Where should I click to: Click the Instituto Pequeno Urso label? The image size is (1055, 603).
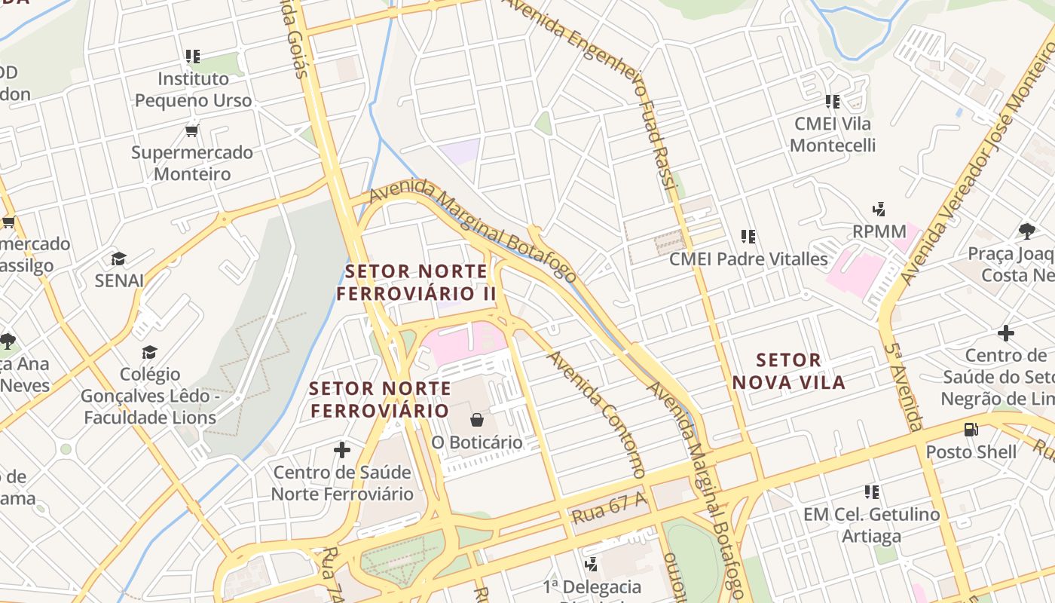(x=193, y=89)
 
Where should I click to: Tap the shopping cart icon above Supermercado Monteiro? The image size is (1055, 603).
(x=192, y=130)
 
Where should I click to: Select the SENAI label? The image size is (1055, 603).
(x=119, y=280)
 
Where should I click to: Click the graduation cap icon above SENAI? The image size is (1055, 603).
(x=118, y=259)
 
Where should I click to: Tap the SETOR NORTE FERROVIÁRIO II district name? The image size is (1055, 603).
(x=416, y=282)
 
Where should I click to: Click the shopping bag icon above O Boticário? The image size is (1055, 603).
(x=477, y=419)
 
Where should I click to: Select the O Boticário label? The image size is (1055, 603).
(x=477, y=442)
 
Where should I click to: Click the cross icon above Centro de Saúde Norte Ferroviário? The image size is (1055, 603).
(x=342, y=450)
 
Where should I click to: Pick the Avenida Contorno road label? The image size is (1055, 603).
(x=596, y=412)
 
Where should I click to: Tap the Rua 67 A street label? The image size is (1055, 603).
(x=609, y=507)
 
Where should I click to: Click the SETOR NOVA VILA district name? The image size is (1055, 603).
(x=788, y=371)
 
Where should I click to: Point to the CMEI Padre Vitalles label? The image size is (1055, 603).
(x=748, y=259)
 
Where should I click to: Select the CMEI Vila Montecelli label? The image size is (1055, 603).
(x=833, y=134)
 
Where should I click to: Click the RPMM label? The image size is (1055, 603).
(x=879, y=231)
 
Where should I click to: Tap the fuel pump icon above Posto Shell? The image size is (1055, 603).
(x=971, y=430)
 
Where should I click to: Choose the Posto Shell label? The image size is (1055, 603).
(x=971, y=452)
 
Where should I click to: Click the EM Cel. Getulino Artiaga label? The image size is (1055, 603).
(x=872, y=525)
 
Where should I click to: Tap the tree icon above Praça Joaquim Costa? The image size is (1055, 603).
(x=1026, y=231)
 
